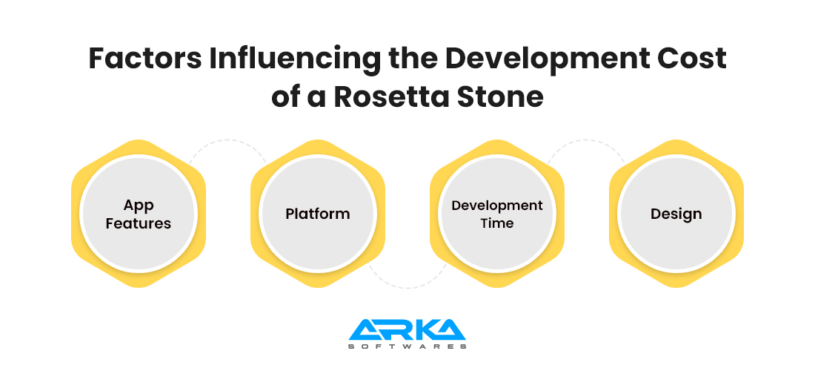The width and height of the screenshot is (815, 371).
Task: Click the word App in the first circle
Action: (139, 206)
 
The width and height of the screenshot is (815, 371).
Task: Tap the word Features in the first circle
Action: (139, 223)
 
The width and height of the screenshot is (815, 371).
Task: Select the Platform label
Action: (318, 214)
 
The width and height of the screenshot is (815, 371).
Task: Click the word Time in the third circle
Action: (497, 223)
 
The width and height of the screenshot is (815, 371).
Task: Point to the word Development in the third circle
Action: (497, 206)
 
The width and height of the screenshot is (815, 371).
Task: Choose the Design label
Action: (676, 214)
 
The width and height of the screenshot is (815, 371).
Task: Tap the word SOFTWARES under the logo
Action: (407, 346)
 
